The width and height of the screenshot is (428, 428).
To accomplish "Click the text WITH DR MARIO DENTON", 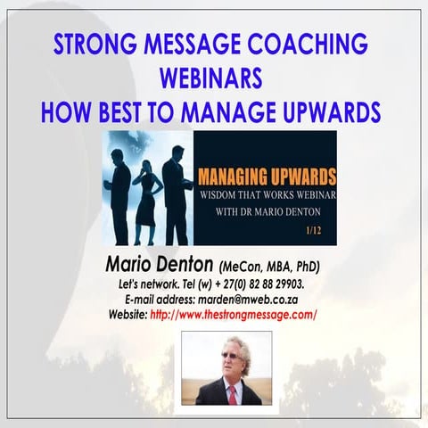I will pyautogui.click(x=263, y=212).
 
